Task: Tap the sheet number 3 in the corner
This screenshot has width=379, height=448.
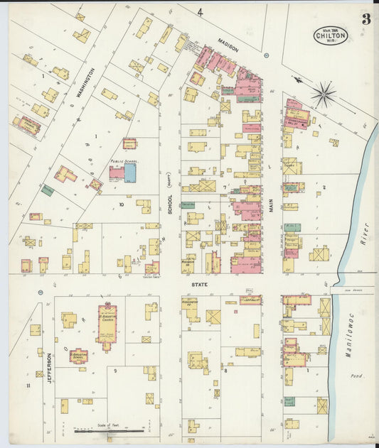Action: pos(365,19)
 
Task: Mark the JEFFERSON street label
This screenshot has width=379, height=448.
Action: pos(49,368)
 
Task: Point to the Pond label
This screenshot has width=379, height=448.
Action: pos(357,376)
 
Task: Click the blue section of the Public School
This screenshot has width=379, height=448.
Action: pos(130,173)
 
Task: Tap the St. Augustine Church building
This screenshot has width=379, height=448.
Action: pos(107,325)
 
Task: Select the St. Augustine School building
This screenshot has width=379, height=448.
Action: pos(78,356)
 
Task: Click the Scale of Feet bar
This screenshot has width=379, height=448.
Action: pos(110,430)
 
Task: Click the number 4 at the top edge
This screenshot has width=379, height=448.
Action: pos(200,12)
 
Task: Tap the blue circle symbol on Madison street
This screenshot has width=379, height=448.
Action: pos(266,55)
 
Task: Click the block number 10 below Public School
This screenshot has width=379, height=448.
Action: pos(122,204)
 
